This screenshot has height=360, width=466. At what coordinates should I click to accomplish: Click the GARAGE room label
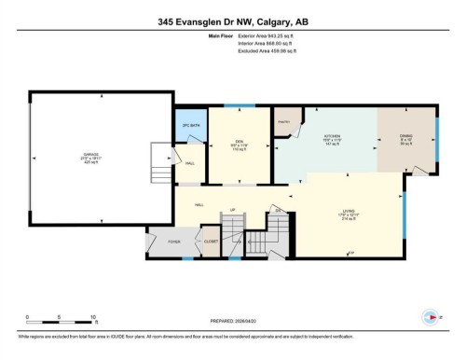click(89, 155)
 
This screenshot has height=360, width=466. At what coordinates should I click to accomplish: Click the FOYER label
click(172, 241)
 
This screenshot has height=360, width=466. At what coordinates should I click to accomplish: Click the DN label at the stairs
click(278, 211)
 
